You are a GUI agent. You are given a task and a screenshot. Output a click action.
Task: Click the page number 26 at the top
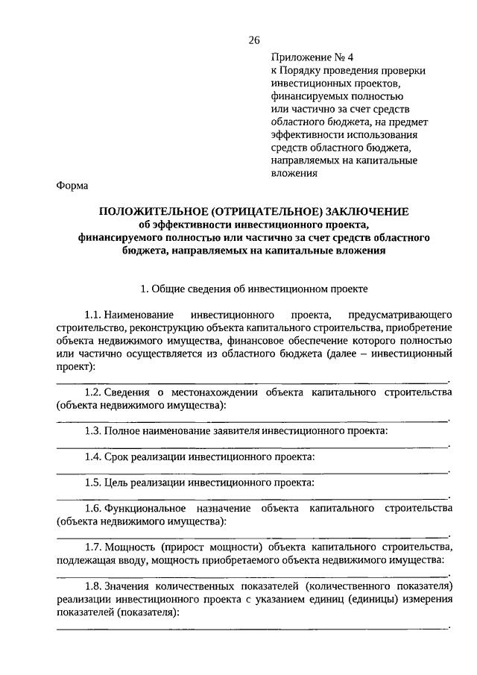[x=254, y=40]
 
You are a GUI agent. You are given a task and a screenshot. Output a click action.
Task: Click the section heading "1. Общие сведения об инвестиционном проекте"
[x=254, y=287]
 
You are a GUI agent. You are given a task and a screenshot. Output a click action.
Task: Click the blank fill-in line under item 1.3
[x=253, y=446]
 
